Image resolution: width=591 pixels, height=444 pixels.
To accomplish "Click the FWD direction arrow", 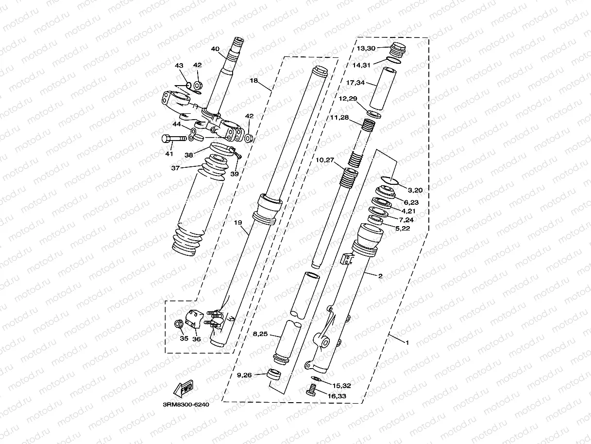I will pos(182,389).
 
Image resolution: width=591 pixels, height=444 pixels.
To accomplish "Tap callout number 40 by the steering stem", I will pos(216,49).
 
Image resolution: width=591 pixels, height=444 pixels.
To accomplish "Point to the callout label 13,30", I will pos(366,48).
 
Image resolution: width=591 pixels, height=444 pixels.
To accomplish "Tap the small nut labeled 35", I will pos(178,324).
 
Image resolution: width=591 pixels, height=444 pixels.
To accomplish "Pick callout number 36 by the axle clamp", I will pos(196,339).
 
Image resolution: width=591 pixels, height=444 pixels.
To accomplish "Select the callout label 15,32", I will pos(342,385).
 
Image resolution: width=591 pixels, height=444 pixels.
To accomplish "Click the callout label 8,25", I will pos(260,335).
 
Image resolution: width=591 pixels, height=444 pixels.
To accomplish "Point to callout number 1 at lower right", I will pos(407,342).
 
